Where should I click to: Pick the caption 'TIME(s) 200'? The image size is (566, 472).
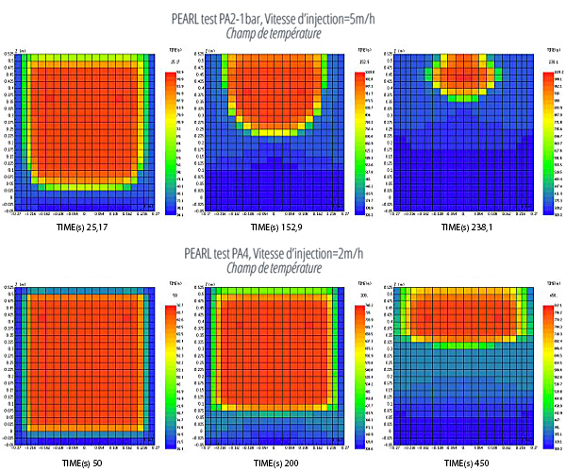pos(275,464)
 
